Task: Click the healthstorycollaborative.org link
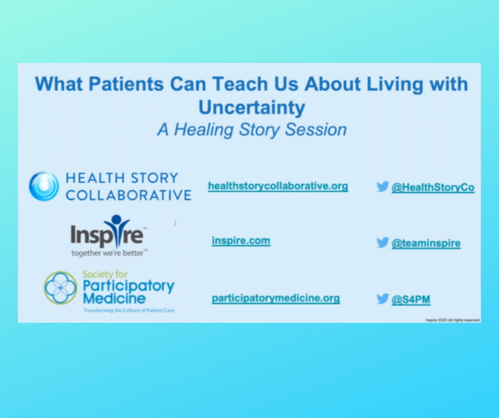(x=278, y=186)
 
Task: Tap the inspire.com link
(x=241, y=240)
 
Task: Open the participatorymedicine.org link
(x=276, y=298)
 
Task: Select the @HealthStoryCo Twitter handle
(x=433, y=187)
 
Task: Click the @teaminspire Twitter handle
(x=426, y=243)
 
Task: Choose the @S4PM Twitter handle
(x=411, y=299)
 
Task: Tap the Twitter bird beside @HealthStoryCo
(x=383, y=186)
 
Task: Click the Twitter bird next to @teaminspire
(x=383, y=242)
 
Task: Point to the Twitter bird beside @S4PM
(x=383, y=298)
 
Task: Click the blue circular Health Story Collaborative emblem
(x=44, y=186)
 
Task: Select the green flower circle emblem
(x=61, y=287)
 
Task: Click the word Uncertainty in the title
(x=252, y=107)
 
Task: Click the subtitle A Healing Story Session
(x=252, y=129)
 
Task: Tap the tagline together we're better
(x=109, y=252)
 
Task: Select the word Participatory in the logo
(x=128, y=286)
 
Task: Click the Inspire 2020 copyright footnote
(x=452, y=320)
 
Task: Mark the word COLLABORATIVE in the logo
(x=128, y=195)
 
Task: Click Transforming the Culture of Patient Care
(x=128, y=310)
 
